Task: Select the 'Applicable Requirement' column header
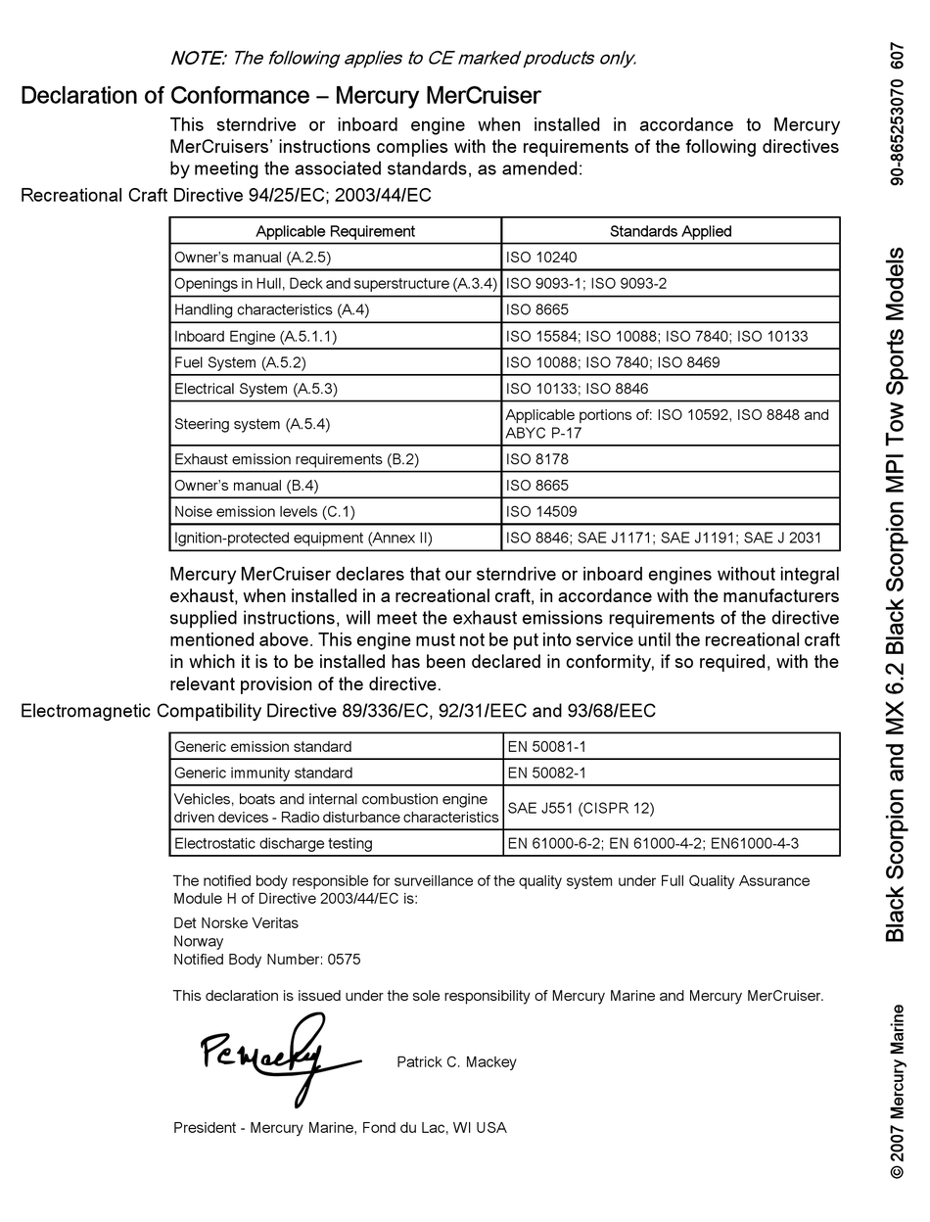click(335, 231)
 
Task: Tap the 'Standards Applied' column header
click(670, 231)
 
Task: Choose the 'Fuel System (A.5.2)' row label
click(240, 362)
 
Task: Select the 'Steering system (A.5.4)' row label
click(252, 424)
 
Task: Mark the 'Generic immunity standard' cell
click(263, 773)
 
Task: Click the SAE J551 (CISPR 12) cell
click(581, 808)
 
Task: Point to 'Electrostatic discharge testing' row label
click(273, 843)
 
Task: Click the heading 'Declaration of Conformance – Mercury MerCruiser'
click(280, 96)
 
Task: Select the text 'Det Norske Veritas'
click(236, 922)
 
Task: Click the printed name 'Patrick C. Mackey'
click(456, 1062)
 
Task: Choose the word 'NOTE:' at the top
click(198, 58)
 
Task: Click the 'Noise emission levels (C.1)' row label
click(264, 511)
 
